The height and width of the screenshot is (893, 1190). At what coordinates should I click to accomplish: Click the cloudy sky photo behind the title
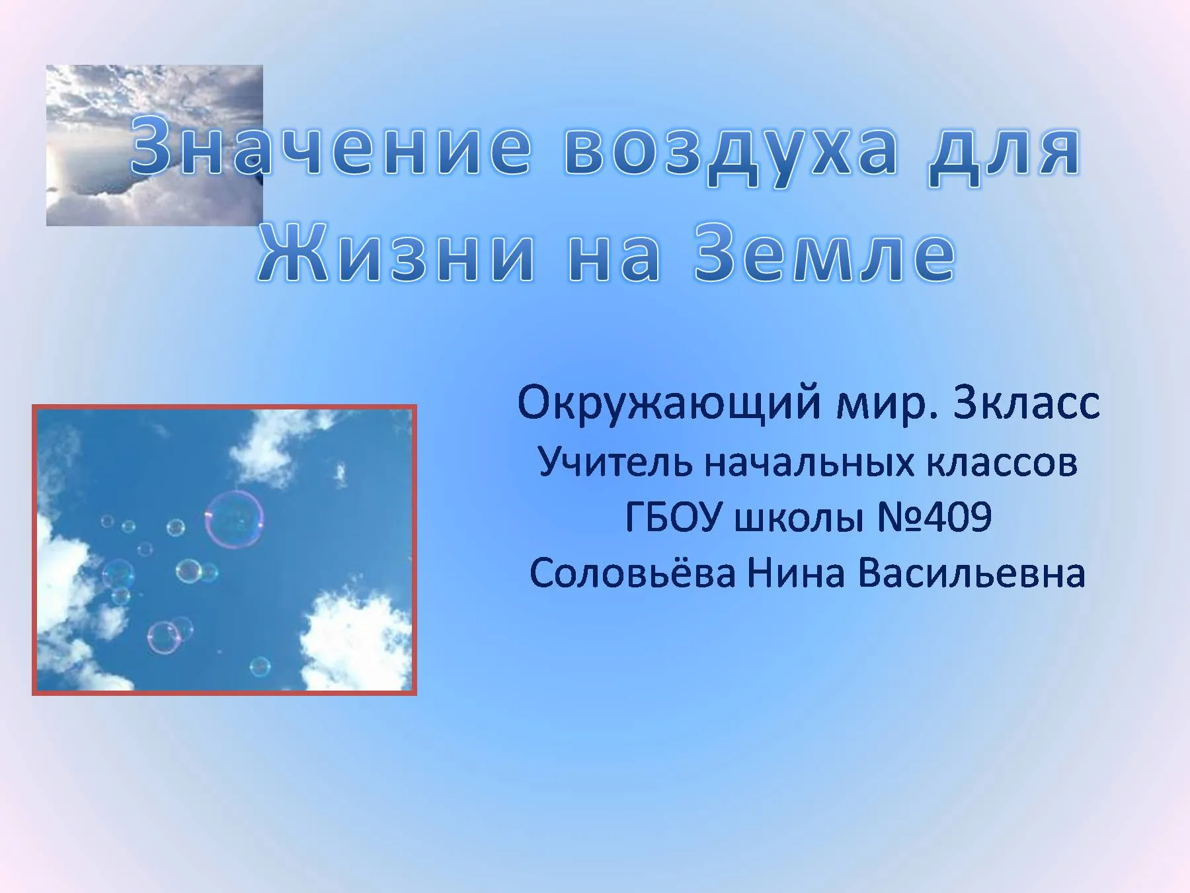(x=154, y=146)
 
